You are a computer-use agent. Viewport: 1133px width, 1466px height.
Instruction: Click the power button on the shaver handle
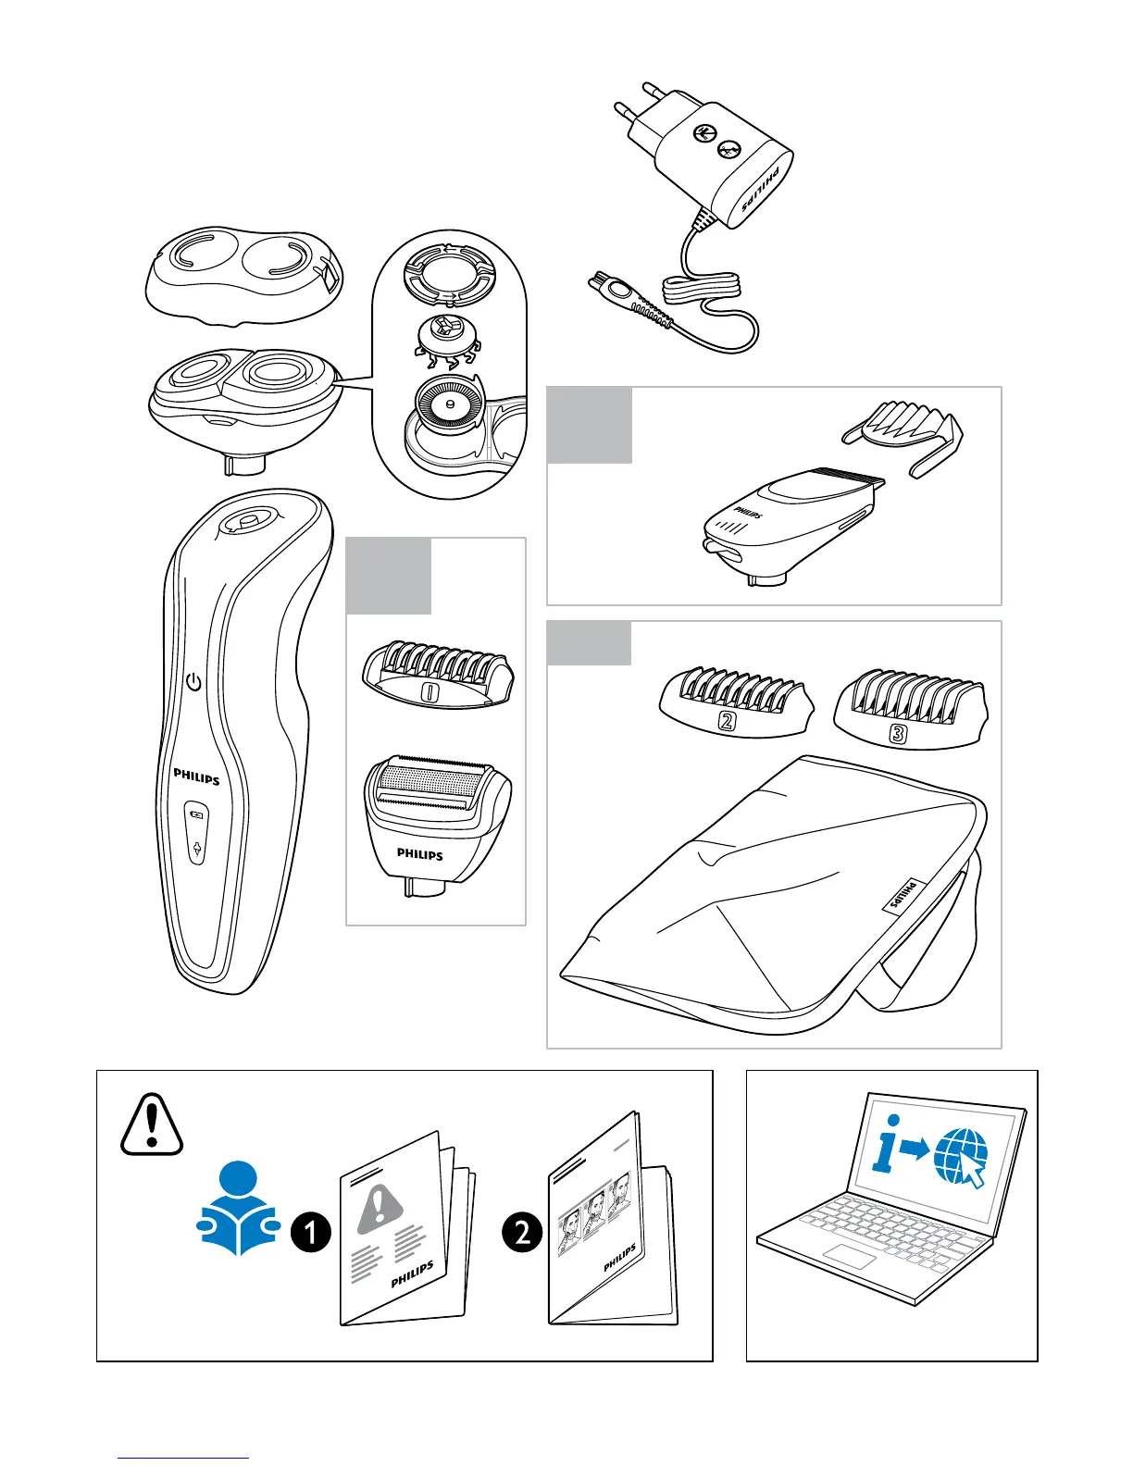(x=193, y=683)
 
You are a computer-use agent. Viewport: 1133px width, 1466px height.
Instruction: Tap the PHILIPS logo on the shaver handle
(x=197, y=777)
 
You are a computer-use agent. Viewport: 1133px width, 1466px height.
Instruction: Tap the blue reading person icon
(x=239, y=1208)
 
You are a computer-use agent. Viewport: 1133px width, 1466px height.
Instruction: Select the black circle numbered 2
(x=522, y=1233)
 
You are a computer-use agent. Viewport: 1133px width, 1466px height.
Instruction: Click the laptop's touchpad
(x=850, y=1257)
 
